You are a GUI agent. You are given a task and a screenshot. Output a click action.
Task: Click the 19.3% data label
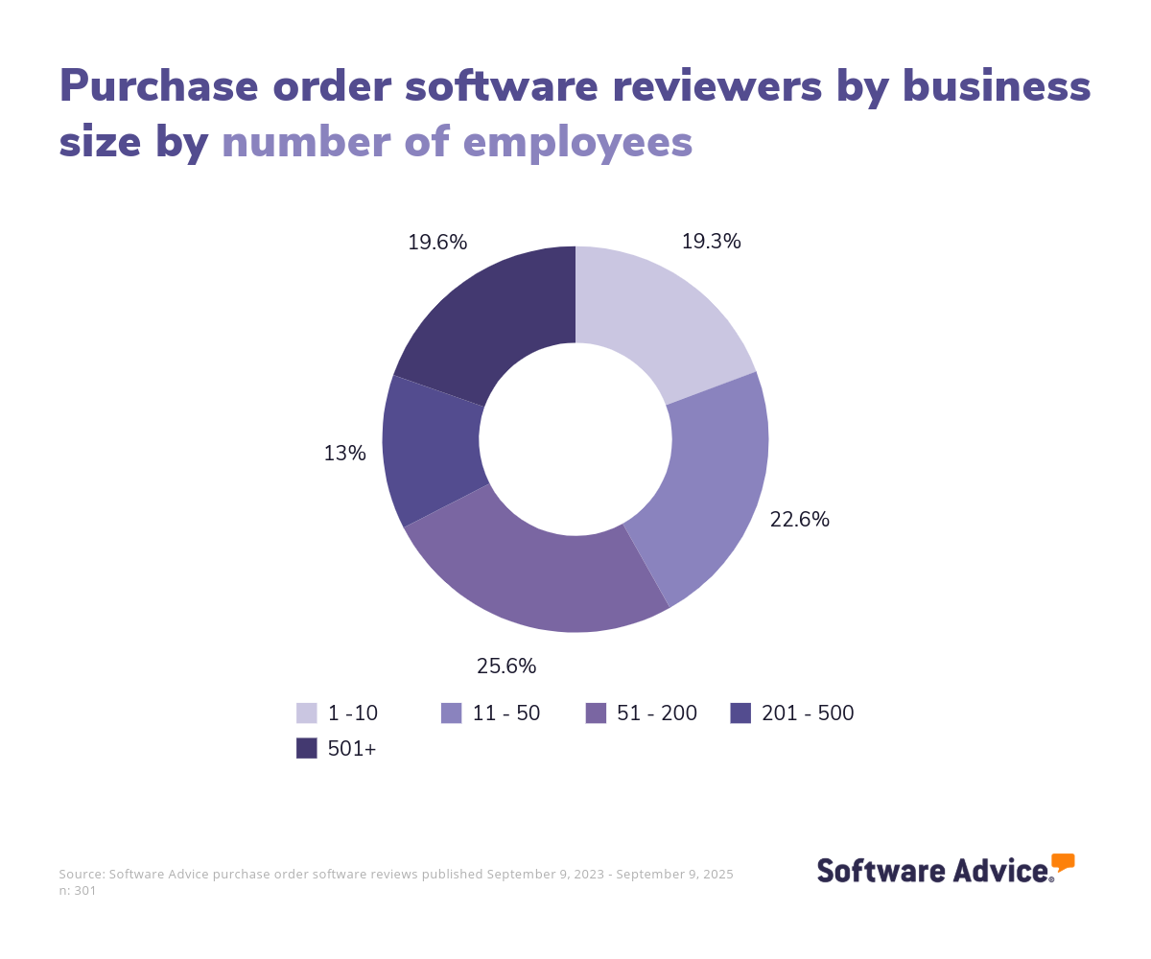(711, 242)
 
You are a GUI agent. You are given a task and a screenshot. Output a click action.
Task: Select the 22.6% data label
(799, 520)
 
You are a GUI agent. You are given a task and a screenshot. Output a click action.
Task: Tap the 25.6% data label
(506, 666)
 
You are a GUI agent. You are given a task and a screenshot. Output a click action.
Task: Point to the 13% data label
(344, 454)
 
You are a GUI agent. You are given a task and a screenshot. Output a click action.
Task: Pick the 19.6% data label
(437, 243)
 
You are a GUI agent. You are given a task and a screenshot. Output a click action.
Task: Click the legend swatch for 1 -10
(307, 713)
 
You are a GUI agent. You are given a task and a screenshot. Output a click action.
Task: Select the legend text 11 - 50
(505, 713)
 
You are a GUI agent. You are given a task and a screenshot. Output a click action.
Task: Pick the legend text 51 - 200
(657, 713)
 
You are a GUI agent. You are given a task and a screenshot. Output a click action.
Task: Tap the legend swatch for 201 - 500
(740, 713)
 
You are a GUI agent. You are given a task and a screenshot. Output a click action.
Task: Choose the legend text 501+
(352, 749)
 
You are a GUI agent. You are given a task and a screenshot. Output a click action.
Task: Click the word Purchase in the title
(159, 86)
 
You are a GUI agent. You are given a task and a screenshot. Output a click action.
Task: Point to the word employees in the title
(577, 142)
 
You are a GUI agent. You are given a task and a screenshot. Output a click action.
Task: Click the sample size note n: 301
(78, 890)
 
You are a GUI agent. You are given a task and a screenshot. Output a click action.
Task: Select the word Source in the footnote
(81, 874)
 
